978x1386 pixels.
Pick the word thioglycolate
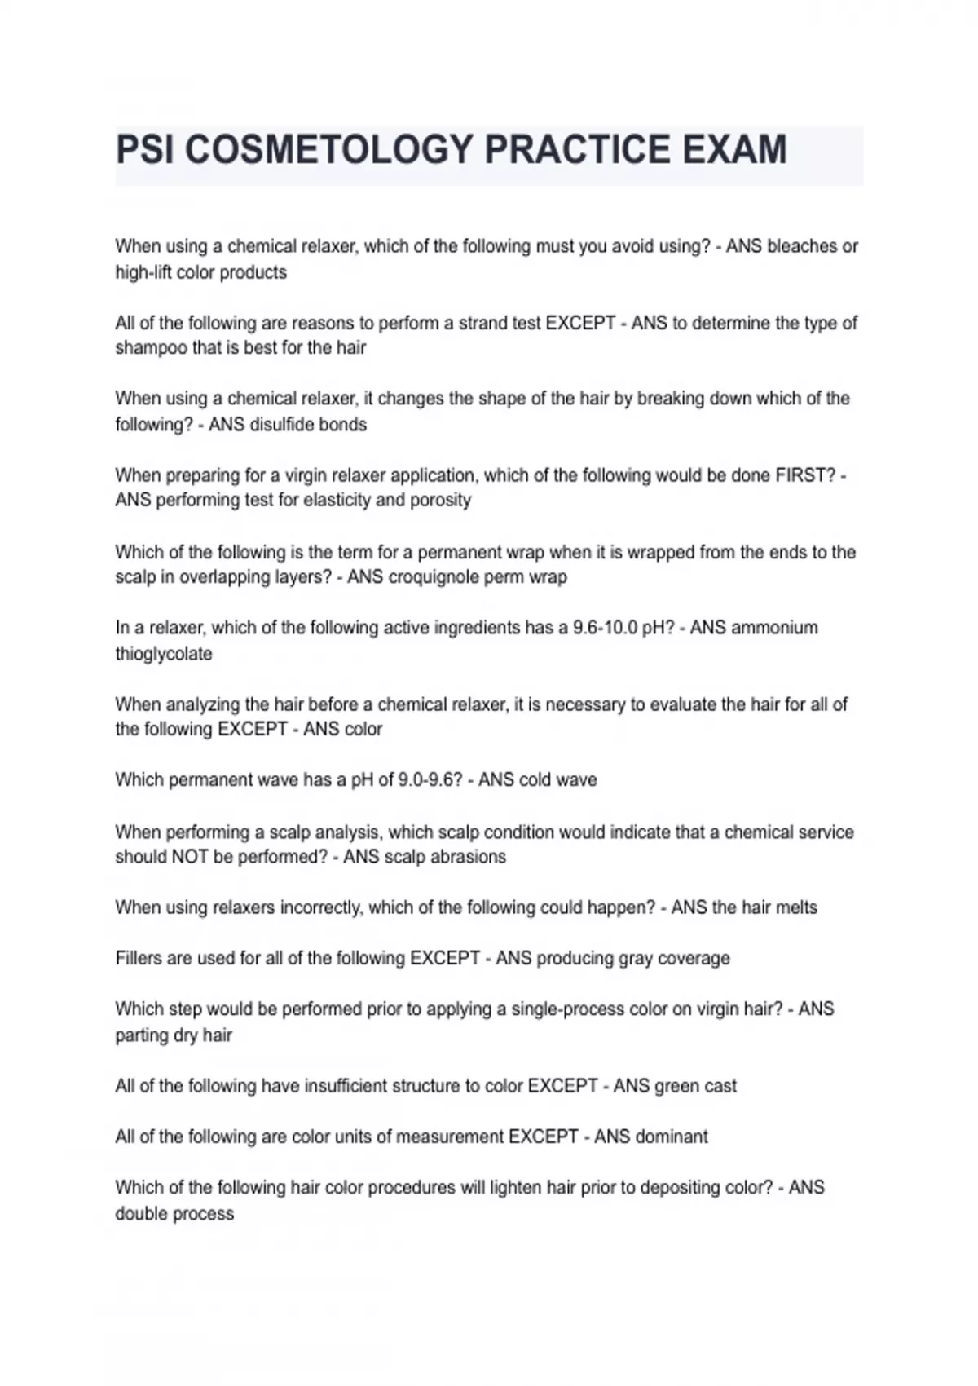point(164,654)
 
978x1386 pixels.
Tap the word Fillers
point(139,959)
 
